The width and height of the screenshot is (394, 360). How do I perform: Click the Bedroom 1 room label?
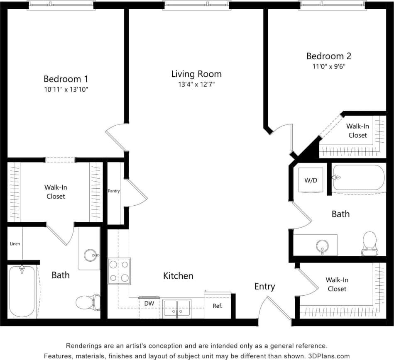pos(66,79)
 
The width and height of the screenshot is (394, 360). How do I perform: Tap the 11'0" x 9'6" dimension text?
pos(326,66)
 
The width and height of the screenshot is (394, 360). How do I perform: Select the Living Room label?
pos(196,74)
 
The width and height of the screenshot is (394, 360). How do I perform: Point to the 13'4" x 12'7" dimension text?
pos(196,84)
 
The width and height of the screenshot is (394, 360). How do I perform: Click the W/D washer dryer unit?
pos(311,181)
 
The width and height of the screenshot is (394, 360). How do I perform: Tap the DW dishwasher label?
pos(149,304)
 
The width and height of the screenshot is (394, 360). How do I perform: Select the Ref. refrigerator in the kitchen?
pos(218,306)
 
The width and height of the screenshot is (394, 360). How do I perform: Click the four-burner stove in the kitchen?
pos(119,271)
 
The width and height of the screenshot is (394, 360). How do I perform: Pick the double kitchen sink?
pos(177,308)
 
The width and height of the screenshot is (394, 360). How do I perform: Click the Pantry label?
pos(114,191)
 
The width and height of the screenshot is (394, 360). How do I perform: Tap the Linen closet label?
pos(15,244)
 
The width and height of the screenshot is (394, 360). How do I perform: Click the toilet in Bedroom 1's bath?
pos(88,302)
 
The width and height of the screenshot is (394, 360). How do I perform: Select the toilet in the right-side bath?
pos(369,243)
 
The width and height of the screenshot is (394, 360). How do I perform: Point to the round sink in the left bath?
pos(90,255)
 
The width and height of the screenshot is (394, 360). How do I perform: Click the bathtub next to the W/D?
pos(359,178)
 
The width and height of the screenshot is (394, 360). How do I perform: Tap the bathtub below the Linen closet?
pos(22,291)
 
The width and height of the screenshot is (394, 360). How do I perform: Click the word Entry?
pos(264,287)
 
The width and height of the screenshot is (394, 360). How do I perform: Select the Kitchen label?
pos(178,276)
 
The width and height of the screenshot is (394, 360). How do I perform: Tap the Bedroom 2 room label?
pos(326,56)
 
